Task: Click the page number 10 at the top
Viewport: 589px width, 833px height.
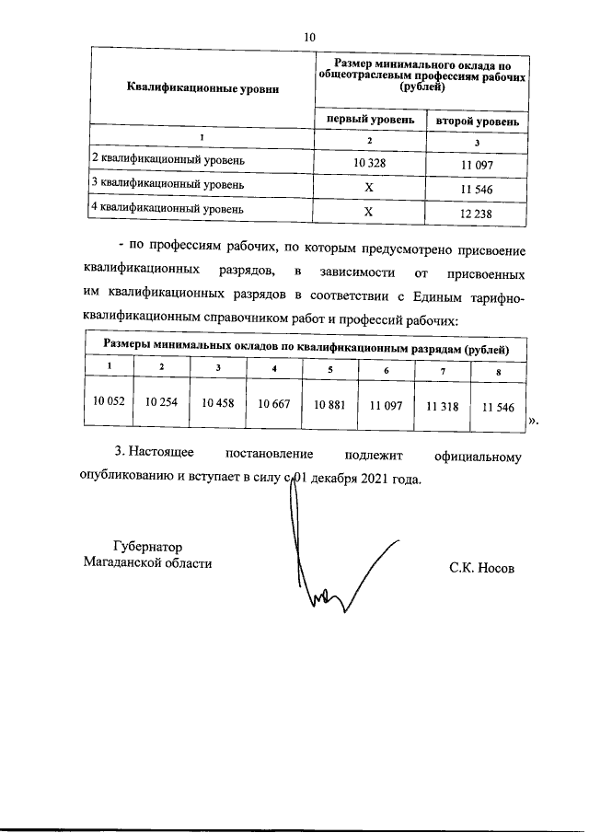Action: click(x=309, y=37)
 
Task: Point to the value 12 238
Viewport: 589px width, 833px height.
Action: click(x=477, y=212)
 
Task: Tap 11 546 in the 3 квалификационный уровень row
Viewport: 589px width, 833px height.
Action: click(x=477, y=188)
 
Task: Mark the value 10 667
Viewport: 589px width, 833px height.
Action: click(x=275, y=404)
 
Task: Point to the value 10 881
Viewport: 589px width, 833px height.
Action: click(x=331, y=404)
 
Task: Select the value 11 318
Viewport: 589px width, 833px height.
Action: click(x=443, y=405)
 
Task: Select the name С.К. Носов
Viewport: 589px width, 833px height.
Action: click(x=482, y=568)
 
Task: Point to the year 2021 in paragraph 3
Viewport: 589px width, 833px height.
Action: click(x=375, y=480)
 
